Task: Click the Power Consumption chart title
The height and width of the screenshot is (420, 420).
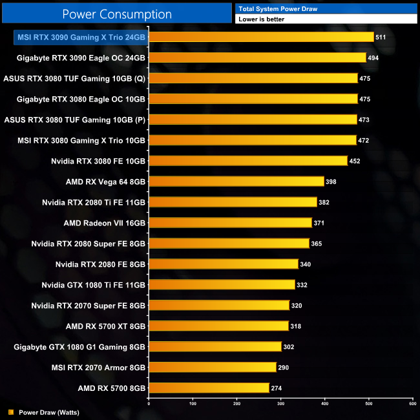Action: click(x=117, y=14)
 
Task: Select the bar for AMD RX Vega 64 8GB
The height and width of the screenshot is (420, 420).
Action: click(x=236, y=182)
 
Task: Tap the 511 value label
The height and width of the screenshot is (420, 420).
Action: click(x=381, y=37)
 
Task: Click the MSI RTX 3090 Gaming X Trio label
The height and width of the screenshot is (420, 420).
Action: click(x=81, y=37)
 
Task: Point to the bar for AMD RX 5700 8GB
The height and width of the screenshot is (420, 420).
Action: click(x=209, y=388)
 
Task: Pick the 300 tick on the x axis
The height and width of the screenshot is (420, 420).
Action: click(x=281, y=404)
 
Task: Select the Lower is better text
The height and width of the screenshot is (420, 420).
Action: click(x=261, y=19)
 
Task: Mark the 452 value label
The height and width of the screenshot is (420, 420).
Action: click(x=354, y=161)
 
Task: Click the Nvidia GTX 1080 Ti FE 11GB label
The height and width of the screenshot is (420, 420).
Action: click(x=94, y=285)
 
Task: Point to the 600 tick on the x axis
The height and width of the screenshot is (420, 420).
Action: click(x=413, y=404)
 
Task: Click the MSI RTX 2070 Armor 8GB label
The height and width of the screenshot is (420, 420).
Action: click(x=98, y=367)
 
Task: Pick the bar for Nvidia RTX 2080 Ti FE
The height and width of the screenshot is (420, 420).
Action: click(x=233, y=202)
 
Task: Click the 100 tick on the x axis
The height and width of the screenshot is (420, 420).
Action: click(x=193, y=404)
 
